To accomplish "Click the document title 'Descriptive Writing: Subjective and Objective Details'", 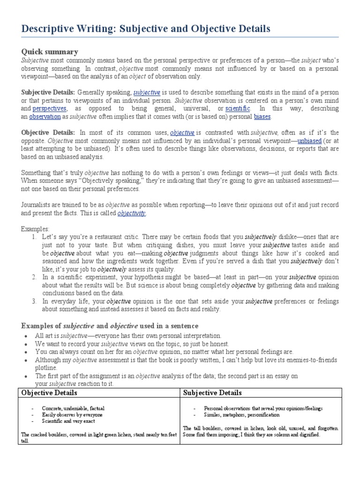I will point(146,29).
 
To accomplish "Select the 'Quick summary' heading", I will point(50,52).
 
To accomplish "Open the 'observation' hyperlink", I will point(45,117).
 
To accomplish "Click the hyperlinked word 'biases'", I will point(262,117).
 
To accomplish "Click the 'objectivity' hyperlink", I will point(131,213).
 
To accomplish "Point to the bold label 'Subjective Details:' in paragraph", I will point(48,92).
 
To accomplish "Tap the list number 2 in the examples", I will point(34,277).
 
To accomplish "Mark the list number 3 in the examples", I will point(34,301).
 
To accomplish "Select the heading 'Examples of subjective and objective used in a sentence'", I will point(110,326).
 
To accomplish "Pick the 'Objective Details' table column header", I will point(50,392).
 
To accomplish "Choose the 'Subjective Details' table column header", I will point(212,392).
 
